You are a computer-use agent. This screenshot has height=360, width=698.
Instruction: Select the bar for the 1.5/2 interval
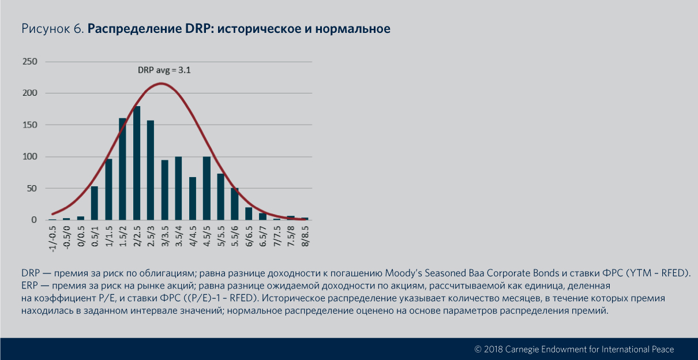(x=122, y=169)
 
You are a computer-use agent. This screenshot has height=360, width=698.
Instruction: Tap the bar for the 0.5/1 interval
(x=95, y=203)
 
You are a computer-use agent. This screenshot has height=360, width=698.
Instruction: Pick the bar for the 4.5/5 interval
(x=207, y=188)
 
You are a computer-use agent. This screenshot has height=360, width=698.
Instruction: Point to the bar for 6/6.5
(x=249, y=213)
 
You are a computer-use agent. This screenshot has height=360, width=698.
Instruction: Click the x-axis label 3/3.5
(x=165, y=236)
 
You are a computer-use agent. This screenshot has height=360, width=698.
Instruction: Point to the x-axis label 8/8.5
(x=305, y=236)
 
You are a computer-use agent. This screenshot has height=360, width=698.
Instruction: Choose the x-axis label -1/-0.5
(x=53, y=238)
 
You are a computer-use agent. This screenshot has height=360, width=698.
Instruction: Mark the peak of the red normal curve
(x=162, y=84)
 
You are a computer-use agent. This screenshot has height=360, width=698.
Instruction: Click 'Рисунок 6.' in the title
(x=52, y=29)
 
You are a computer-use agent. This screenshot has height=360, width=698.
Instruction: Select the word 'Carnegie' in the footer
(x=528, y=349)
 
